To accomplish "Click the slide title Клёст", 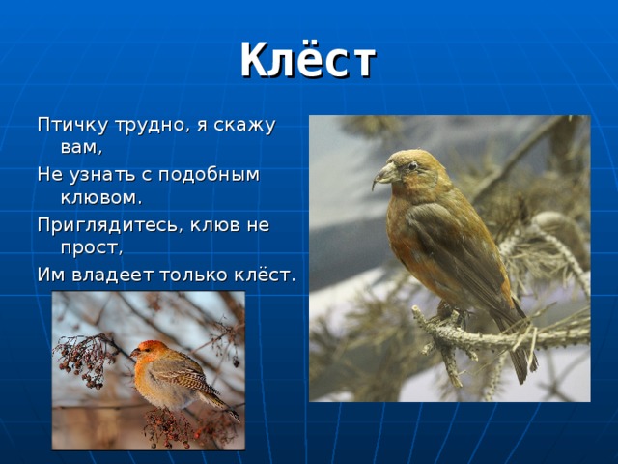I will pyautogui.click(x=307, y=60).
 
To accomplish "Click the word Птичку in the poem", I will pyautogui.click(x=70, y=125).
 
